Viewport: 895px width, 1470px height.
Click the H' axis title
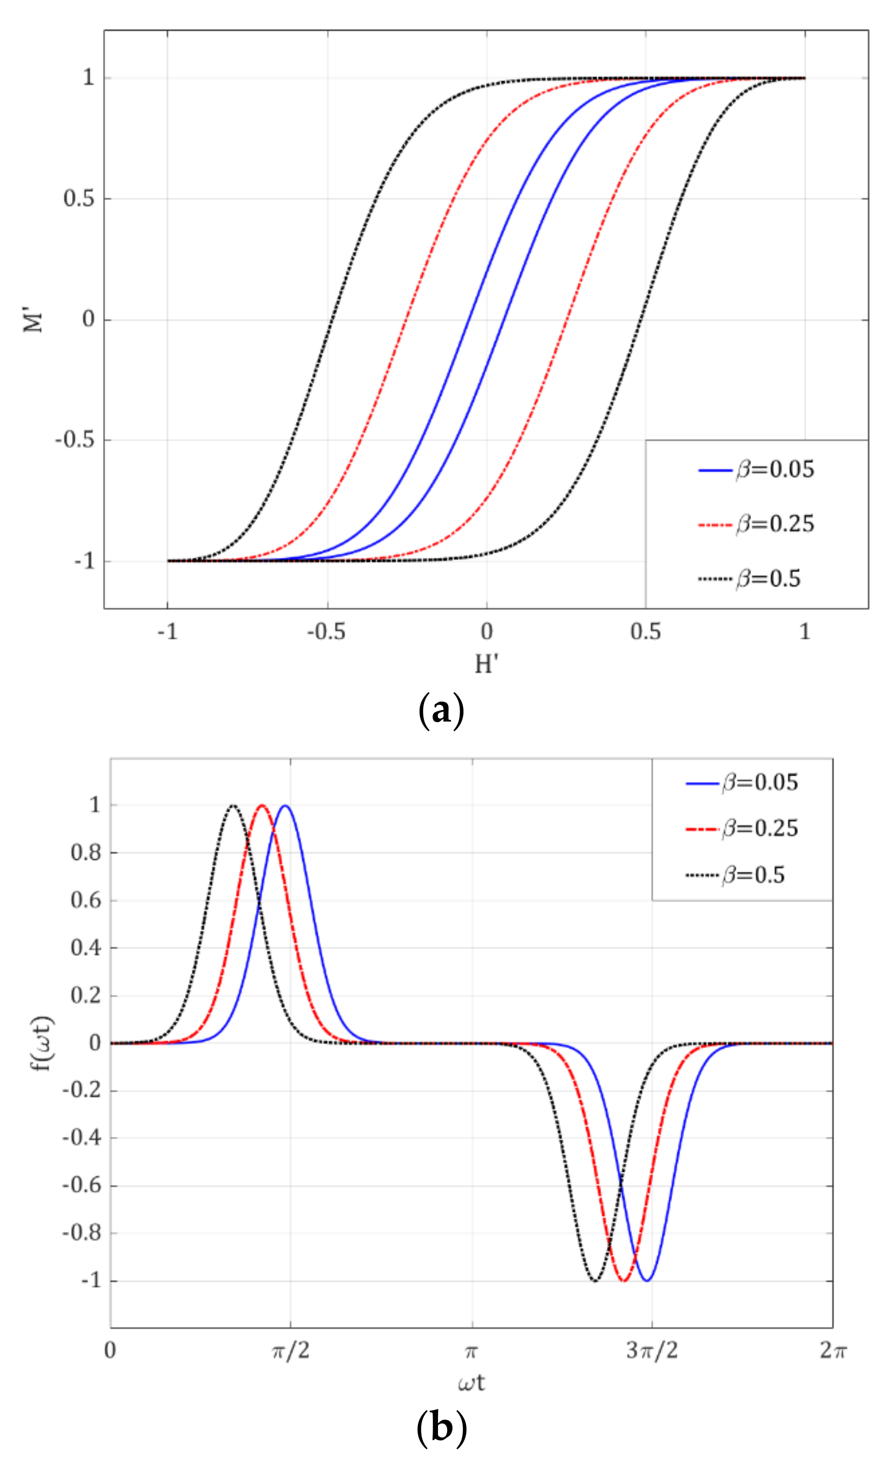coord(486,664)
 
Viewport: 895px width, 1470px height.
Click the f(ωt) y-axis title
coord(42,1043)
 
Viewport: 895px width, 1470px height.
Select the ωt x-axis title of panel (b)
coord(471,1383)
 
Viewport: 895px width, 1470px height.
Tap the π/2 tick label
coord(291,1350)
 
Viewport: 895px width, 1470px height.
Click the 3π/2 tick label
coord(652,1350)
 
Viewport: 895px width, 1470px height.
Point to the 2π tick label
coord(833,1350)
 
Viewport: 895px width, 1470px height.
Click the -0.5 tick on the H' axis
coord(326,632)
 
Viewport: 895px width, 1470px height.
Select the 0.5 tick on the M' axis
coord(79,199)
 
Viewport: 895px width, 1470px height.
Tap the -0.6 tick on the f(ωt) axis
coord(82,1185)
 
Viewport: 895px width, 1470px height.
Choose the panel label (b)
coord(441,1428)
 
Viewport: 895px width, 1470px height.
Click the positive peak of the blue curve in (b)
coord(286,806)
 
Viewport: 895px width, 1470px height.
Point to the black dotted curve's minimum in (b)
coord(594,1280)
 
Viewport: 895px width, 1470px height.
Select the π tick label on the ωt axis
coord(471,1350)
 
